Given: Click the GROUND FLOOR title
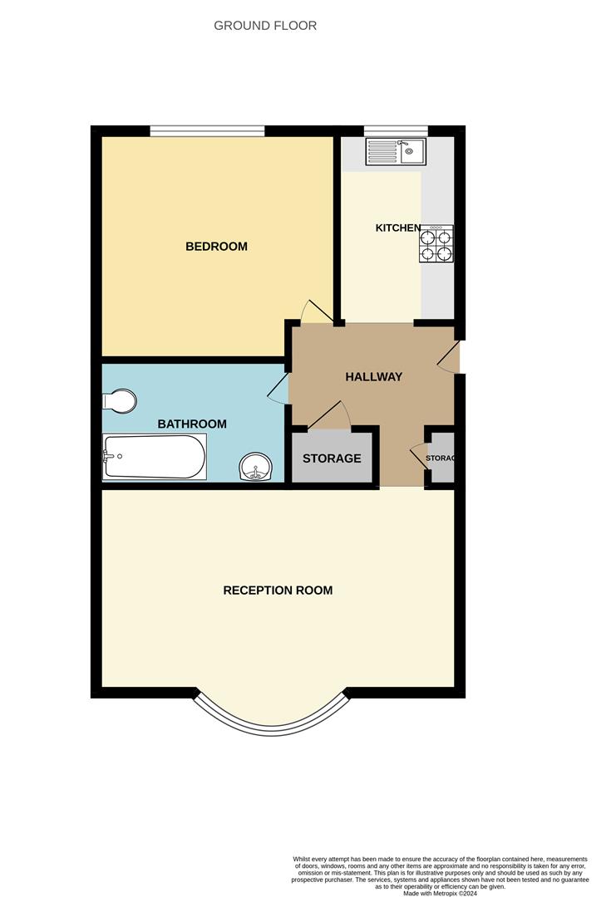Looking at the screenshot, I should click(x=265, y=26).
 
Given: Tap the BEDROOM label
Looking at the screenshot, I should click(x=216, y=247).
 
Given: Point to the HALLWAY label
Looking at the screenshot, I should click(x=373, y=376).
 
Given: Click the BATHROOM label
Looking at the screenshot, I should click(x=192, y=424).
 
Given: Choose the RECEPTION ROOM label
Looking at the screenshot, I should click(x=278, y=591).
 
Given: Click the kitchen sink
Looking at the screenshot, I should click(x=396, y=151).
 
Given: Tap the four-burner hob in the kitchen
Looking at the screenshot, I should click(x=436, y=243).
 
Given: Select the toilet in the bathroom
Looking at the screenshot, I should click(x=120, y=401).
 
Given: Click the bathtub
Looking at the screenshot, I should click(x=154, y=457).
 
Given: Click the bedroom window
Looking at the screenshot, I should click(x=207, y=130).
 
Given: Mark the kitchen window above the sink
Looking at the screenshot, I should click(x=396, y=130).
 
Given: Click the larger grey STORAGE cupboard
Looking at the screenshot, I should click(x=331, y=458).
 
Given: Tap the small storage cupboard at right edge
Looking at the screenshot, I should click(x=441, y=458).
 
